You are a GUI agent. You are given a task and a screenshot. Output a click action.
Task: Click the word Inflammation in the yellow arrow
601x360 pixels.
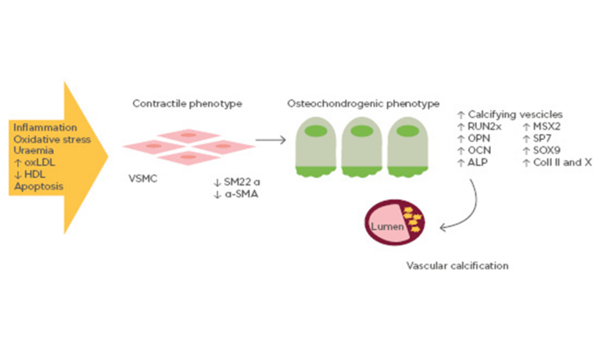45,128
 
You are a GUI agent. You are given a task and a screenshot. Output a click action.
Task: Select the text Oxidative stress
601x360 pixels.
52,139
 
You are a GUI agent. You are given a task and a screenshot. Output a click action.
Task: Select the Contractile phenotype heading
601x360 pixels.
187,103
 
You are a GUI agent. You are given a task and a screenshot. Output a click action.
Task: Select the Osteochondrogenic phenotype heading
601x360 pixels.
364,103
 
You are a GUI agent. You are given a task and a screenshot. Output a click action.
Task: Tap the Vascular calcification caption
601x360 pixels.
458,265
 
